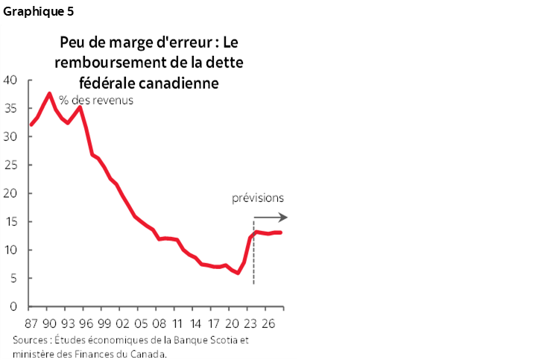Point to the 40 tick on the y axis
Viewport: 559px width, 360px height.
[x=12, y=80]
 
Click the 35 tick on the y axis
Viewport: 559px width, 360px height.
[x=12, y=108]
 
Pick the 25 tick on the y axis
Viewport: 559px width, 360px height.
[x=12, y=165]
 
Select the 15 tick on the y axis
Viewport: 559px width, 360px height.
[x=12, y=221]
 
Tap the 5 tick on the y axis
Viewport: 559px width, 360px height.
[x=15, y=278]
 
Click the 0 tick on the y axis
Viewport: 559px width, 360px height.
[x=15, y=306]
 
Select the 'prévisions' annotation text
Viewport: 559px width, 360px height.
[x=258, y=198]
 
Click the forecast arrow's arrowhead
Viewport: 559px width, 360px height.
[x=284, y=218]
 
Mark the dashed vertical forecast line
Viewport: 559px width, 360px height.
[x=254, y=253]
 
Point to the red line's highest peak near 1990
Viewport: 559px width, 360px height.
[x=50, y=93]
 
